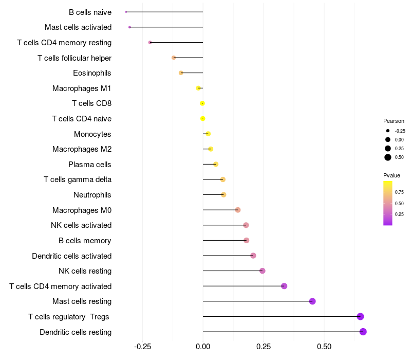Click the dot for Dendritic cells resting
[x=363, y=332]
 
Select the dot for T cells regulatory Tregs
[x=360, y=316]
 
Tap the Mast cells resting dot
[x=312, y=301]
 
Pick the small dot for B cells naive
[x=126, y=12]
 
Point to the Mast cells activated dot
[x=129, y=27]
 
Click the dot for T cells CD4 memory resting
[x=150, y=42]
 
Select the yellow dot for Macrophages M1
[x=198, y=88]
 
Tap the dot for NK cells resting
[x=263, y=271]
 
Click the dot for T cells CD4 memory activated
[x=284, y=286]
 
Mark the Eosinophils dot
[x=181, y=73]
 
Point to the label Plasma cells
[x=90, y=165]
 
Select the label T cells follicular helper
[x=74, y=58]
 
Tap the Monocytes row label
[x=92, y=134]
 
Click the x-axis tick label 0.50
[x=324, y=347]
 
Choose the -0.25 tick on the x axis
[x=142, y=347]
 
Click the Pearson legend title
[x=394, y=121]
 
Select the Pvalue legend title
[x=391, y=175]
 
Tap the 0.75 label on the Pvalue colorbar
[x=399, y=192]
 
